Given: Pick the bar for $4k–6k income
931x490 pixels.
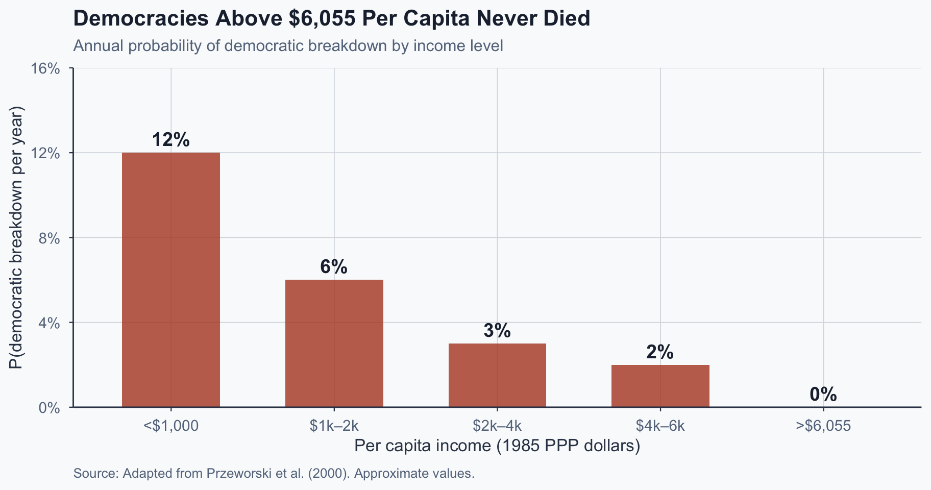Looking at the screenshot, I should pos(660,386).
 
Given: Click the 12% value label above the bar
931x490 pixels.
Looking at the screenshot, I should pos(171,140).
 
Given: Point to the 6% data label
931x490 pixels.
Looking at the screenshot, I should pos(334,267).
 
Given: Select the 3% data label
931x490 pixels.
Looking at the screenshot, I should pos(497,331).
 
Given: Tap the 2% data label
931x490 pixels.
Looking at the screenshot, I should pos(660,352).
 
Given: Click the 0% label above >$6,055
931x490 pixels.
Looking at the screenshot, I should pos(823,395).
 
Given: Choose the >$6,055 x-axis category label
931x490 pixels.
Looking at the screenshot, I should pos(823,426).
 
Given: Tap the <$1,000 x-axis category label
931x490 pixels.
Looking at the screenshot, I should pos(171,426).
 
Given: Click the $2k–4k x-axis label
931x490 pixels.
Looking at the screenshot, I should pos(497,426).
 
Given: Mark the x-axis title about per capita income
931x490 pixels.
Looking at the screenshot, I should pos(497,446).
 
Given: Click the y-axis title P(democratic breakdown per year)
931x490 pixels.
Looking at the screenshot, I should pos(16,237).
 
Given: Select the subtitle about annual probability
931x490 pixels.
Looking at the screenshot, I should pos(288,46).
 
